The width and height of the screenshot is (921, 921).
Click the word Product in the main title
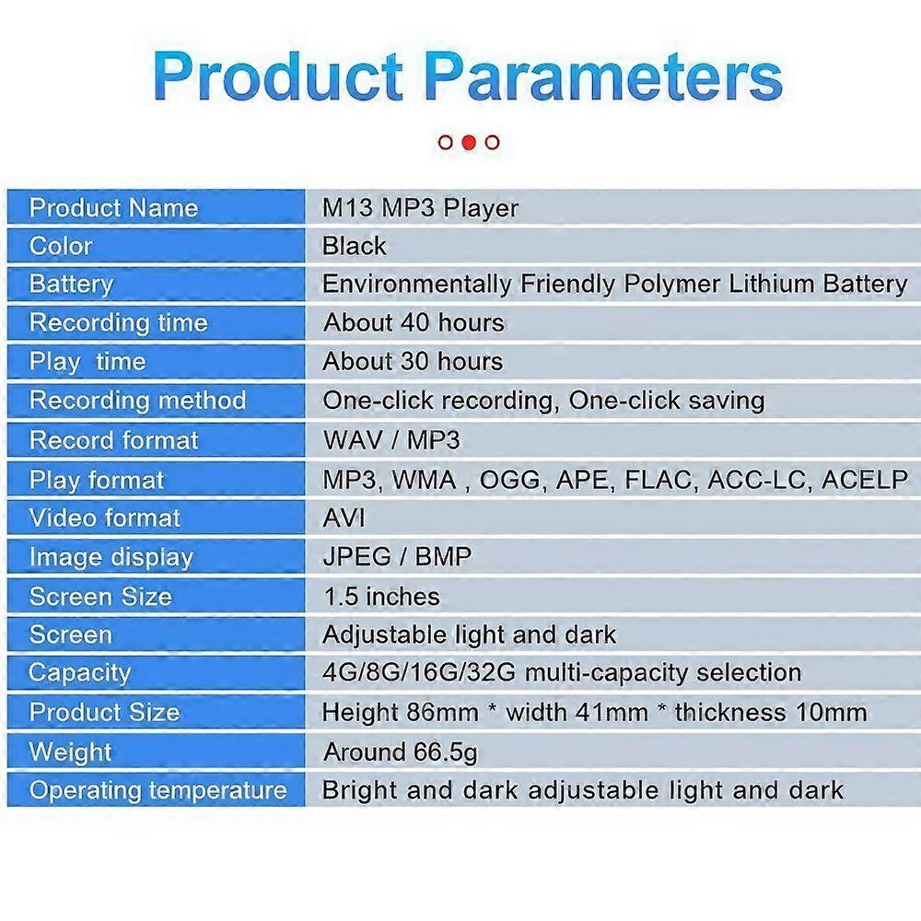pyautogui.click(x=278, y=76)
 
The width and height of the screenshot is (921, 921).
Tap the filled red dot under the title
pyautogui.click(x=469, y=142)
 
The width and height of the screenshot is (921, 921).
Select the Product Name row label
pyautogui.click(x=114, y=208)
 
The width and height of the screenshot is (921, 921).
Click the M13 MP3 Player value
pyautogui.click(x=421, y=208)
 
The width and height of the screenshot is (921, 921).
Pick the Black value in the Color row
pyautogui.click(x=355, y=246)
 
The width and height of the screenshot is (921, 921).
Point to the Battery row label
pyautogui.click(x=71, y=285)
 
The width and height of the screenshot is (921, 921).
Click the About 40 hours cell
pyautogui.click(x=414, y=322)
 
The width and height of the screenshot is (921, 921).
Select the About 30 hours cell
pyautogui.click(x=413, y=361)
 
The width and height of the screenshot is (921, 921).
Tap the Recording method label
pyautogui.click(x=138, y=401)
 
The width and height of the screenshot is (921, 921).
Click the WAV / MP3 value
pyautogui.click(x=391, y=440)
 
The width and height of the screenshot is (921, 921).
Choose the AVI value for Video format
pyautogui.click(x=344, y=518)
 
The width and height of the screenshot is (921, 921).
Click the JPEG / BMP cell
pyautogui.click(x=397, y=556)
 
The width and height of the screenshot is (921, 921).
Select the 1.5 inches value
pyautogui.click(x=382, y=597)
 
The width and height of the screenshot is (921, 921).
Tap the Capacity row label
pyautogui.click(x=80, y=673)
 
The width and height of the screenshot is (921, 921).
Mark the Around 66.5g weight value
pyautogui.click(x=401, y=752)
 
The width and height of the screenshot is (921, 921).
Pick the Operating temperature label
pyautogui.click(x=158, y=790)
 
